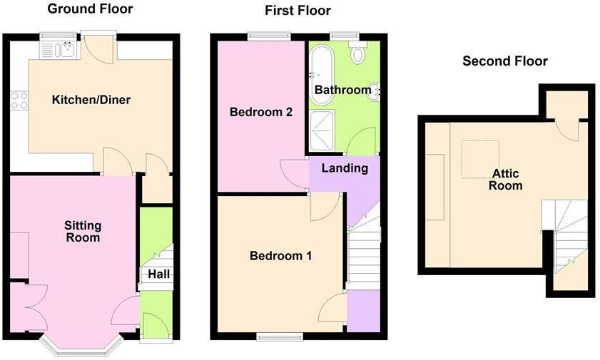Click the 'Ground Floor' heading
tap(89, 9)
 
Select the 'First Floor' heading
tap(298, 11)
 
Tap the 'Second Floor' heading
tap(505, 61)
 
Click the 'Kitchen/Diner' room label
tap(91, 100)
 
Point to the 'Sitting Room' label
tap(83, 232)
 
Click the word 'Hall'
tap(157, 273)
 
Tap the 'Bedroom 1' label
tap(280, 256)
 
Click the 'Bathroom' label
tap(342, 91)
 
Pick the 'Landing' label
tap(345, 169)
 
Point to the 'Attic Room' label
tap(506, 180)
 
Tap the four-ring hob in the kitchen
tap(19, 101)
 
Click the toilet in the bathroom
tap(357, 53)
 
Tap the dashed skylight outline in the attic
tap(480, 159)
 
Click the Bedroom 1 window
tap(280, 336)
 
